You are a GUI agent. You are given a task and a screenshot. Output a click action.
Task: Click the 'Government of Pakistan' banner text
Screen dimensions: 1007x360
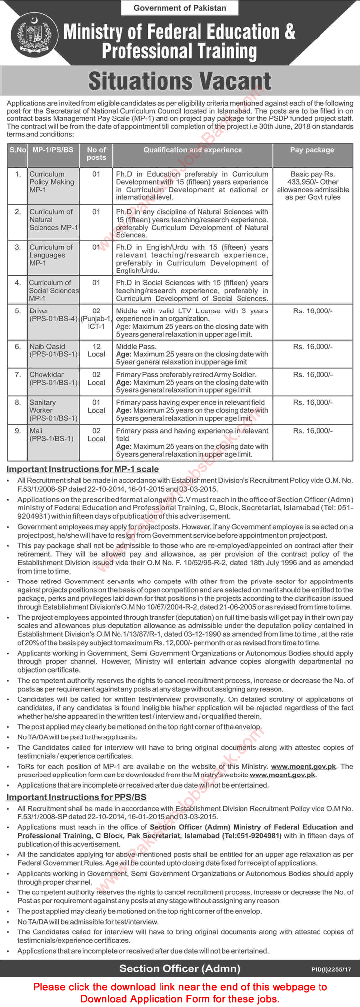coord(180,8)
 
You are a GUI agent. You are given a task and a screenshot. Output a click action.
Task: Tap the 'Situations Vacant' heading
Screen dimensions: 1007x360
coord(180,81)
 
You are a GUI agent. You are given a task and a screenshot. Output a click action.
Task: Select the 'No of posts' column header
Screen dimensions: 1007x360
coord(96,154)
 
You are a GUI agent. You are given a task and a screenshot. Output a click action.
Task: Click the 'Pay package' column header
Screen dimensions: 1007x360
coord(312,150)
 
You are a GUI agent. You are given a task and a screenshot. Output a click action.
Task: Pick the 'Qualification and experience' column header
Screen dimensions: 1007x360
coord(193,150)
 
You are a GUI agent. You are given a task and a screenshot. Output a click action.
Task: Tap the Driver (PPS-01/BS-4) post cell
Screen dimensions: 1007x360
coord(53,315)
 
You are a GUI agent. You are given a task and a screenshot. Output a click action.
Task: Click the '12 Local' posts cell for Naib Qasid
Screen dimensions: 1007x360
coord(96,350)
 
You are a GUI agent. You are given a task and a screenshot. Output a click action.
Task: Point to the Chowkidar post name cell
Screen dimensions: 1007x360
coord(53,378)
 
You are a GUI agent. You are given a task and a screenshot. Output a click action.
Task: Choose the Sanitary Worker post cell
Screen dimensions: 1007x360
coord(53,410)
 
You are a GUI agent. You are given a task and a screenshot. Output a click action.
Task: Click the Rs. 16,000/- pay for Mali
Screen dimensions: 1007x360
coord(313,431)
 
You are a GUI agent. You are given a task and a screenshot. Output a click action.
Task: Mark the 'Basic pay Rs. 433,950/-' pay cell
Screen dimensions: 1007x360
coord(313,186)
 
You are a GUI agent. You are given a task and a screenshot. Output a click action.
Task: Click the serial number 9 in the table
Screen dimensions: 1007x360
coord(18,431)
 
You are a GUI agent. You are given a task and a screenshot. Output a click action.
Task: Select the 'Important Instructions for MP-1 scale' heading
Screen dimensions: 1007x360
coord(82,469)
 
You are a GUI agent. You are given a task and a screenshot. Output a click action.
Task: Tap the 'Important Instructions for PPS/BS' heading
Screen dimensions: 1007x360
coord(76,797)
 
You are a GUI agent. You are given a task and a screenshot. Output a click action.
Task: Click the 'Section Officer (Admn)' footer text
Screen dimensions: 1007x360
coord(180,968)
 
